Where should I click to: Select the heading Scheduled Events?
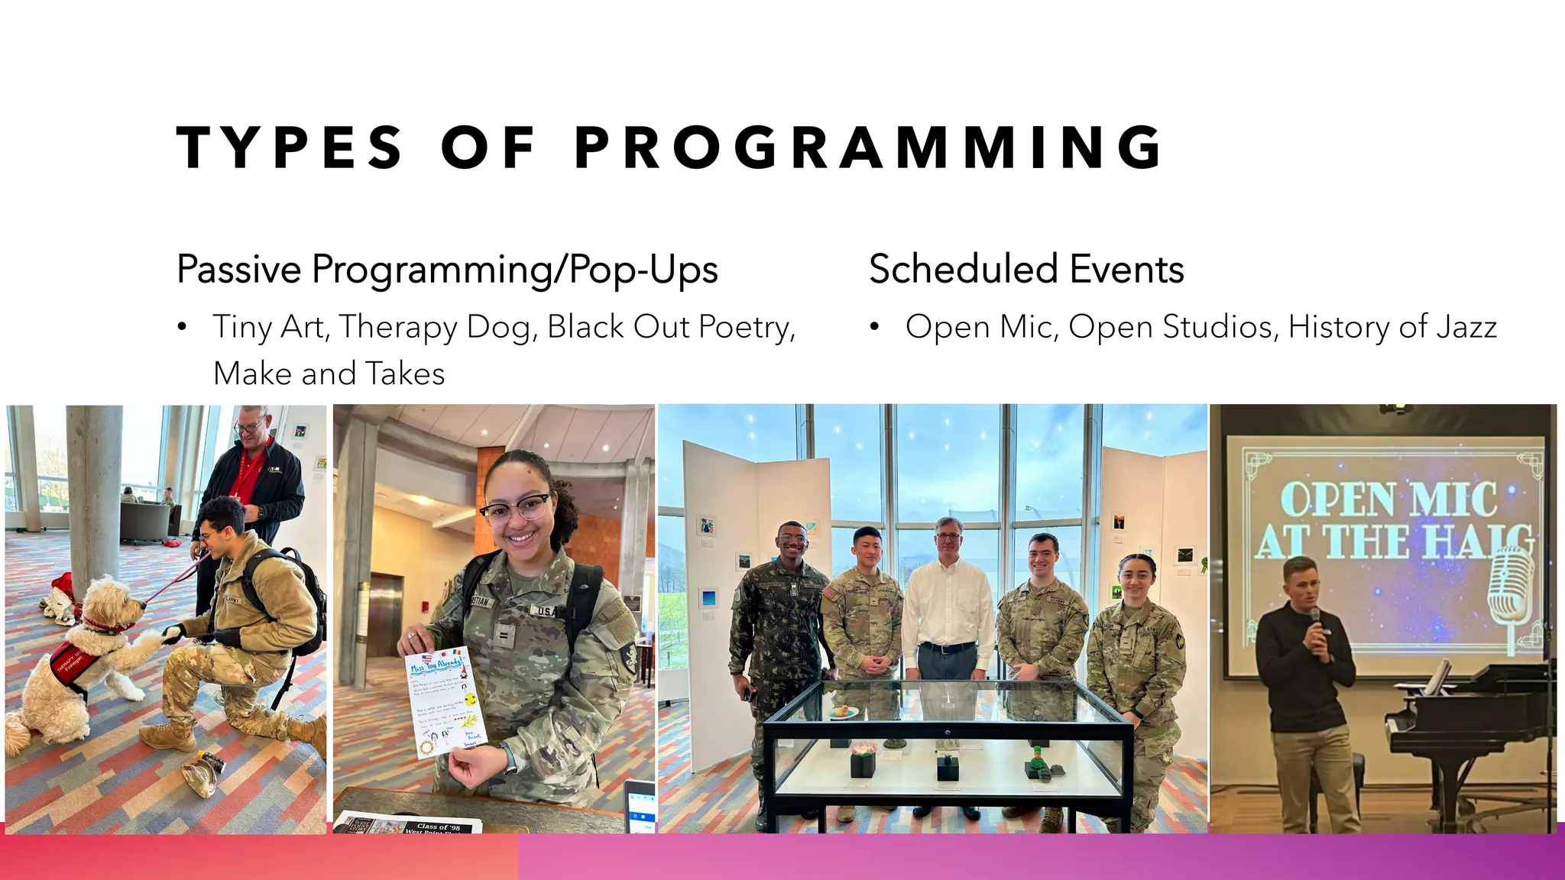tap(1026, 270)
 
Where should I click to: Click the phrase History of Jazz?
tap(1392, 327)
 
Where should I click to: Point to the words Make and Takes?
tap(329, 374)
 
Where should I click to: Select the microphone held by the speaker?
tap(1315, 620)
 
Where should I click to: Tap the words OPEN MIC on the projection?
tap(1388, 500)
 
